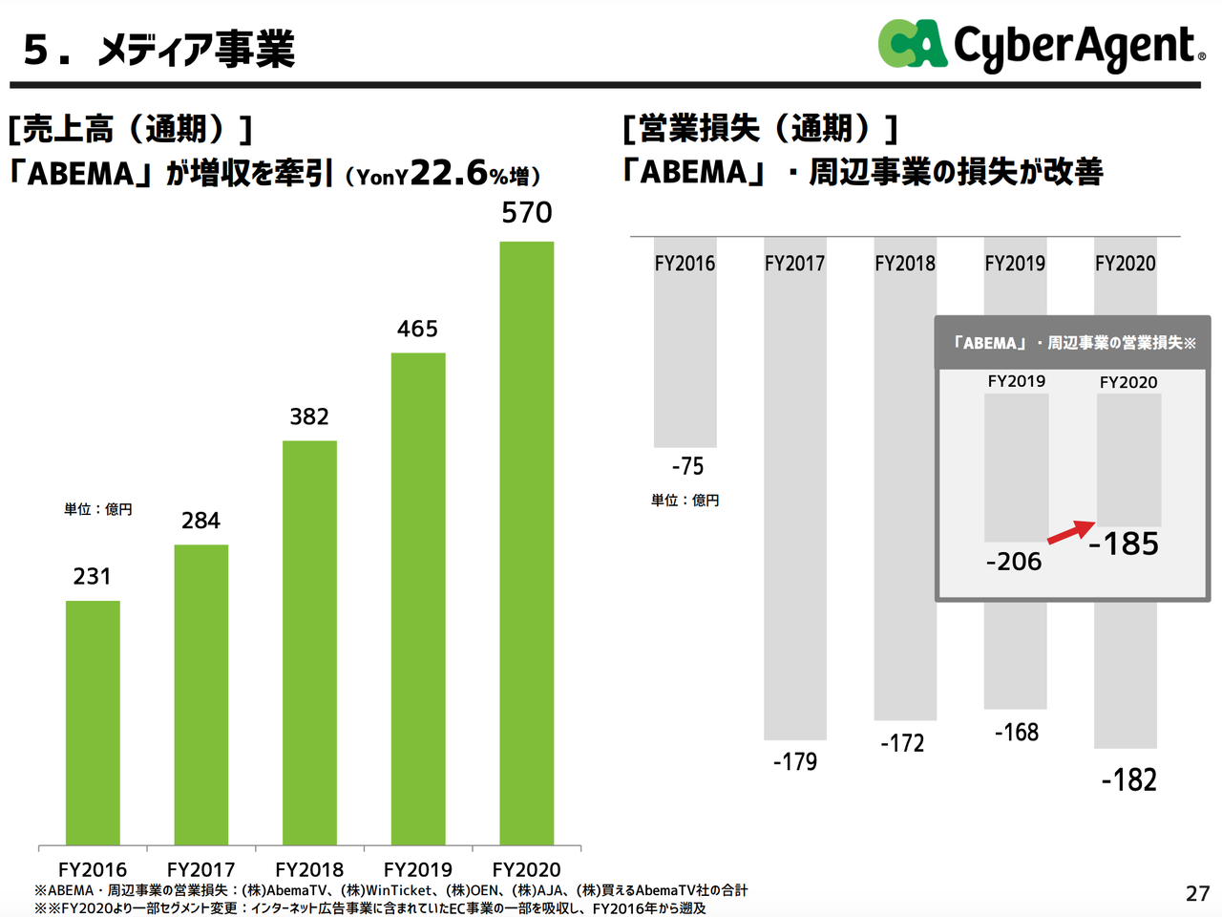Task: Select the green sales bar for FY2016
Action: pyautogui.click(x=93, y=722)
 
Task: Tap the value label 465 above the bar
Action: pyautogui.click(x=417, y=329)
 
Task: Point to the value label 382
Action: pyautogui.click(x=309, y=416)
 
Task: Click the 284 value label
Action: pyautogui.click(x=200, y=521)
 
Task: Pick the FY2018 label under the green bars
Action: pyautogui.click(x=309, y=869)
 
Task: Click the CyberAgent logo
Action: pyautogui.click(x=1041, y=45)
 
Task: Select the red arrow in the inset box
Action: pyautogui.click(x=1070, y=532)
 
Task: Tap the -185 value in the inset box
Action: pyautogui.click(x=1124, y=544)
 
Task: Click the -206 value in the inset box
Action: pyautogui.click(x=1014, y=562)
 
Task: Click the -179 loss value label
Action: pyautogui.click(x=795, y=761)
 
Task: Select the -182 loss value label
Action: pyautogui.click(x=1128, y=780)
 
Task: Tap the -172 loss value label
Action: pyautogui.click(x=902, y=743)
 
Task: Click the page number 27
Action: pyautogui.click(x=1197, y=893)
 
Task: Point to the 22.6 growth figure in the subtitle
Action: pyautogui.click(x=449, y=172)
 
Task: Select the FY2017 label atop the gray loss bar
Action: pyautogui.click(x=794, y=264)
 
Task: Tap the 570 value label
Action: pyautogui.click(x=527, y=212)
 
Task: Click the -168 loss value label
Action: pyautogui.click(x=1016, y=733)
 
